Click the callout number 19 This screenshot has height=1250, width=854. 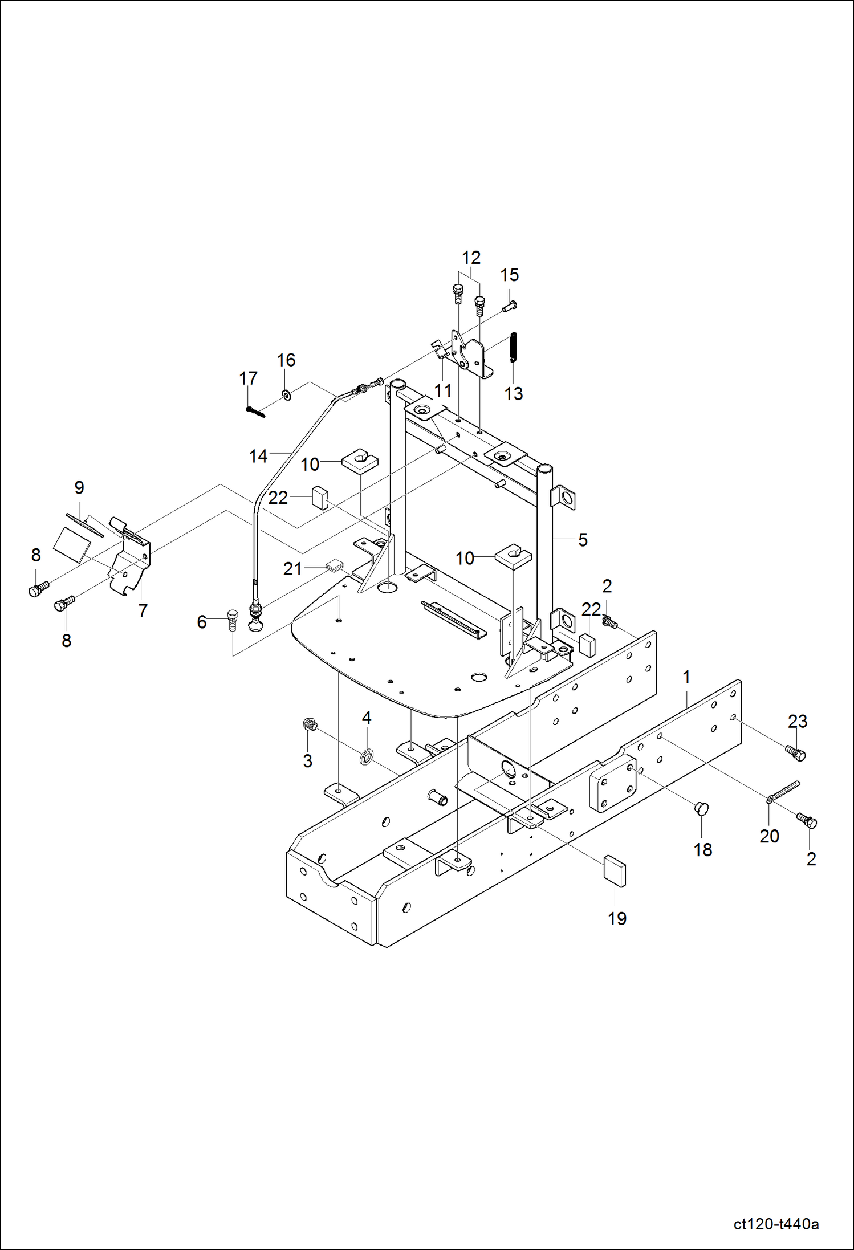pyautogui.click(x=617, y=919)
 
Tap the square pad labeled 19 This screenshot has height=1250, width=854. pyautogui.click(x=615, y=871)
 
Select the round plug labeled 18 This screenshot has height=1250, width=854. pyautogui.click(x=702, y=808)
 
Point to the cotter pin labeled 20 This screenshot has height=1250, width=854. pyautogui.click(x=784, y=793)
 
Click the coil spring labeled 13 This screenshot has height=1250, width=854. pyautogui.click(x=513, y=347)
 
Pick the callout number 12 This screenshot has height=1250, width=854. pyautogui.click(x=471, y=258)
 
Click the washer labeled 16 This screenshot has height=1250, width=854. pyautogui.click(x=285, y=394)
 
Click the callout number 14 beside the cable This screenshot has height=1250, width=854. pyautogui.click(x=258, y=456)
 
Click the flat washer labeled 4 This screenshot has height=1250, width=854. pyautogui.click(x=366, y=757)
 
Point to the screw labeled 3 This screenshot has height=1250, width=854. pyautogui.click(x=308, y=726)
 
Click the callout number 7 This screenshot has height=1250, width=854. pyautogui.click(x=143, y=610)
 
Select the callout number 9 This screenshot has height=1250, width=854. pyautogui.click(x=79, y=488)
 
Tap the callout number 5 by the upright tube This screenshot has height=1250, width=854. pyautogui.click(x=583, y=540)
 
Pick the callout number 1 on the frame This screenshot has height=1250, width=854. pyautogui.click(x=686, y=678)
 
